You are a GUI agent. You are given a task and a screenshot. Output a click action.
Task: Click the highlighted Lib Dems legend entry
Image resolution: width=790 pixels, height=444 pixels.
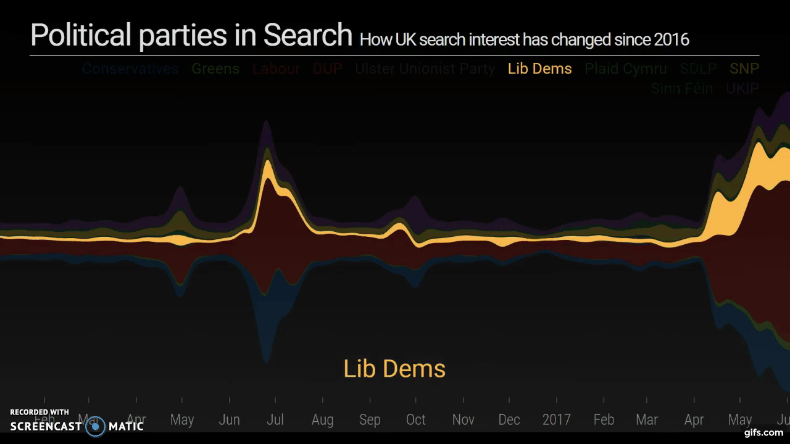(539, 68)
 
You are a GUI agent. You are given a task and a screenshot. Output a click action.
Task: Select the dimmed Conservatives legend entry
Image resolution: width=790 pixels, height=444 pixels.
(130, 68)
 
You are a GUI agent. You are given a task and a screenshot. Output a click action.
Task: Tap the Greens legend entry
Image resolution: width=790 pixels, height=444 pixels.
(215, 68)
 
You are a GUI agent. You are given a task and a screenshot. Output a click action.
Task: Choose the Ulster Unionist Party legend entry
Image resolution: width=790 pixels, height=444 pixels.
(425, 68)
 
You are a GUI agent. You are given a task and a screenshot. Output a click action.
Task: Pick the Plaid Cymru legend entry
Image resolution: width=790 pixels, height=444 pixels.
(625, 68)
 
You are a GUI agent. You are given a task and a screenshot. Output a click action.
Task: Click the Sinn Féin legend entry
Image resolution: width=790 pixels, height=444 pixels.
(681, 88)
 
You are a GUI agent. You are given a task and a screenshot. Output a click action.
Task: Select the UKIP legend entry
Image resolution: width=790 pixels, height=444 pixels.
(742, 88)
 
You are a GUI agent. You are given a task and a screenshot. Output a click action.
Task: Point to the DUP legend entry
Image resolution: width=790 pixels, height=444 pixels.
(327, 68)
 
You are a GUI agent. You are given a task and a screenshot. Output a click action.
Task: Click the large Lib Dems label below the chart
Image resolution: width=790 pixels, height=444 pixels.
(394, 369)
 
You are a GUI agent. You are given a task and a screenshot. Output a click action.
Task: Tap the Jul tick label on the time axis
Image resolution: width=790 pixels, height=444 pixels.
(275, 420)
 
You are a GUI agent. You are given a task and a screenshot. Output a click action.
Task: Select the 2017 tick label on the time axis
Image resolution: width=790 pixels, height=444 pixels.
(556, 420)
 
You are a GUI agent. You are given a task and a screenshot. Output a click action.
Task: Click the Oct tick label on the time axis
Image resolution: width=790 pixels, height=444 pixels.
(415, 420)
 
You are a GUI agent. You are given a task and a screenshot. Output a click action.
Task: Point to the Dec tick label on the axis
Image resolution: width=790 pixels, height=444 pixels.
(509, 420)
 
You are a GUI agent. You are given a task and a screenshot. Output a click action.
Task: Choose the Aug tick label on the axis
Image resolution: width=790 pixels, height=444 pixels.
(322, 420)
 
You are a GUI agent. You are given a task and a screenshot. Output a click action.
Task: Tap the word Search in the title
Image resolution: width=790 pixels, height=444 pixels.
(307, 35)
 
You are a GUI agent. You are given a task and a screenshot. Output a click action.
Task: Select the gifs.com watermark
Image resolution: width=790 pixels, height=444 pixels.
(763, 432)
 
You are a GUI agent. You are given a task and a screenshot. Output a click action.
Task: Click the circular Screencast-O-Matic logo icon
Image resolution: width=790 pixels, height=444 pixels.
(96, 426)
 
